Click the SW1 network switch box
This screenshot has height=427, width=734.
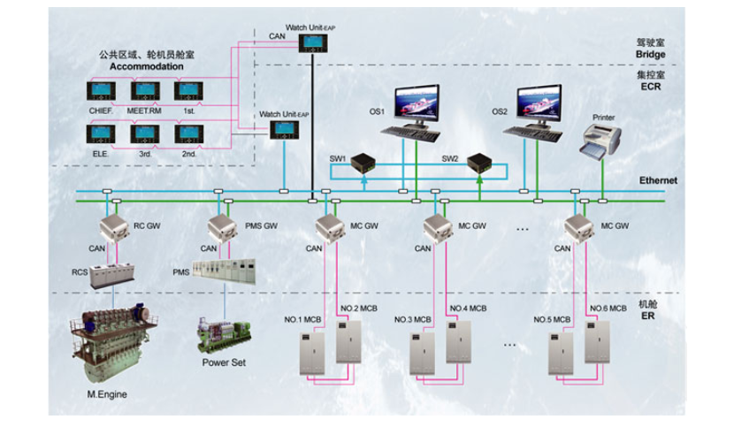pyautogui.click(x=363, y=163)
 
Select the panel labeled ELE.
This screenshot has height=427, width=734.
pyautogui.click(x=99, y=134)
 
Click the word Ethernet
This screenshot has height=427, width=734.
pyautogui.click(x=658, y=180)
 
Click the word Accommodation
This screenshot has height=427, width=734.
pyautogui.click(x=147, y=66)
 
